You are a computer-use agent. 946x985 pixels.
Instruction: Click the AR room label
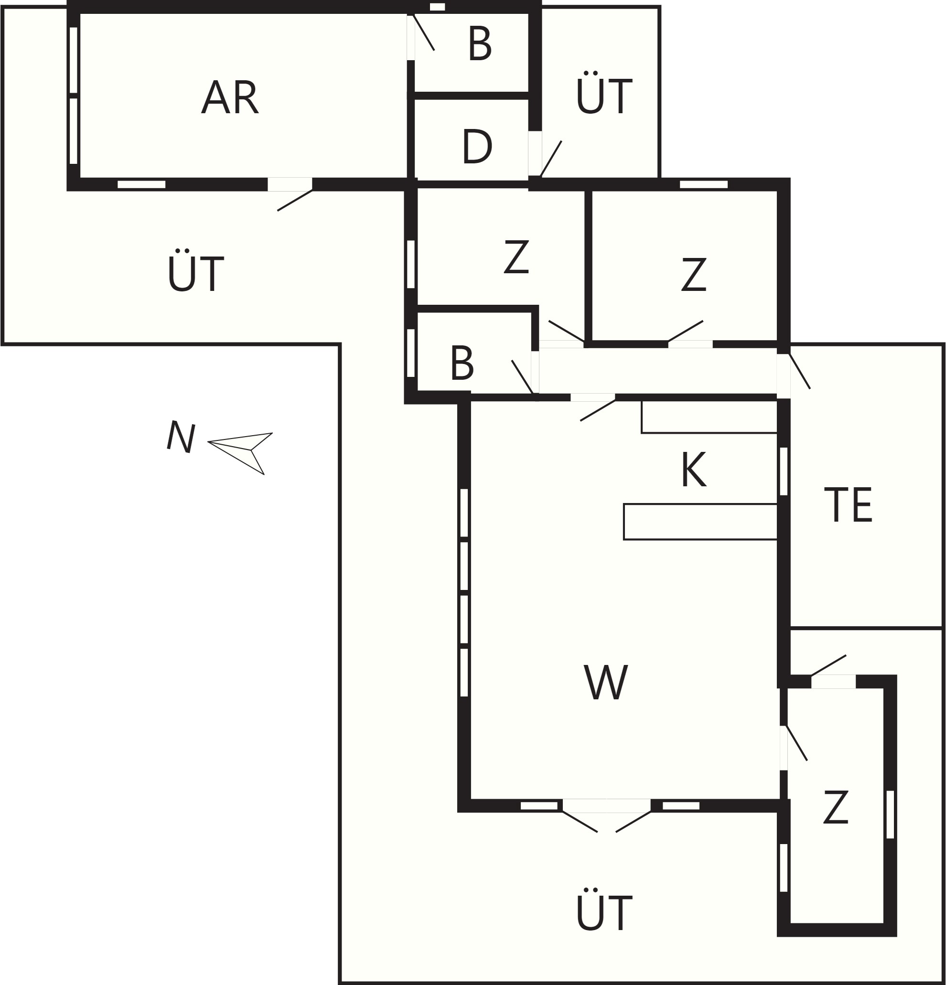[230, 97]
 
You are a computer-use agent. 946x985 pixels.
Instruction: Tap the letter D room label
[477, 146]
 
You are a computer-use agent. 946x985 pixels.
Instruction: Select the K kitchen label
[694, 470]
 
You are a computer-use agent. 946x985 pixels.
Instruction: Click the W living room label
[606, 682]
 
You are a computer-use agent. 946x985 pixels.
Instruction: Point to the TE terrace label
[849, 505]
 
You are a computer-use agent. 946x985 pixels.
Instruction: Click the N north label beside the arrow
[181, 436]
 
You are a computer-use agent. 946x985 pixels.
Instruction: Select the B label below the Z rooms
[462, 363]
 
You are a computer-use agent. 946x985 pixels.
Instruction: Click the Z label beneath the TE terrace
[836, 807]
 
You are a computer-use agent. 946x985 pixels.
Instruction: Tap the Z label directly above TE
[694, 274]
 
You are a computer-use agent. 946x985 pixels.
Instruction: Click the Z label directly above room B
[516, 257]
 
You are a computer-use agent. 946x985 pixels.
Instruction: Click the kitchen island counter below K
[701, 522]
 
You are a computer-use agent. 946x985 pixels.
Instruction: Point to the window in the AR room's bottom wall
[142, 184]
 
